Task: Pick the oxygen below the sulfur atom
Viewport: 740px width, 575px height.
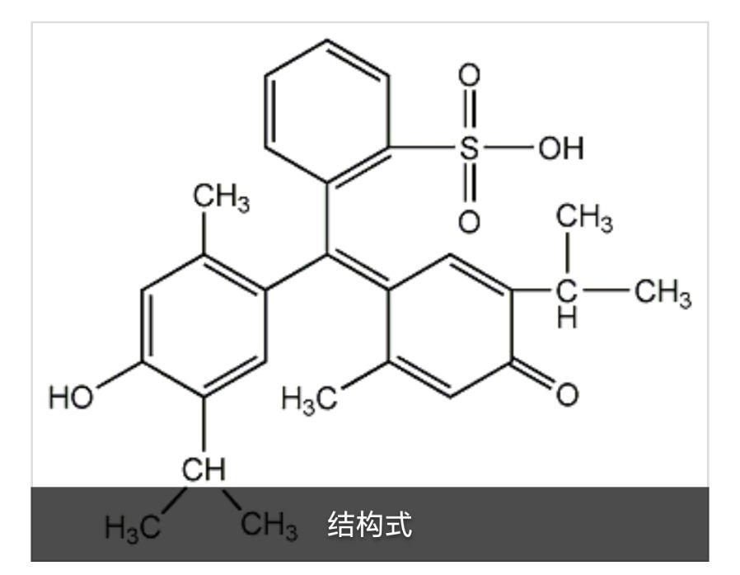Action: pyautogui.click(x=470, y=221)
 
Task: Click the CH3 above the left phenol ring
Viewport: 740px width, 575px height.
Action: pyautogui.click(x=220, y=196)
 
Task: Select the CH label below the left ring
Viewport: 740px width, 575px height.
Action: pyautogui.click(x=202, y=469)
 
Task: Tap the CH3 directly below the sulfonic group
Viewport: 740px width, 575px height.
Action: pyautogui.click(x=583, y=221)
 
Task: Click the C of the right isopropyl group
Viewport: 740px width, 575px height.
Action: pyautogui.click(x=567, y=290)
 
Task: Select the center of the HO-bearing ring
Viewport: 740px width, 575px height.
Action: pyautogui.click(x=202, y=323)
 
